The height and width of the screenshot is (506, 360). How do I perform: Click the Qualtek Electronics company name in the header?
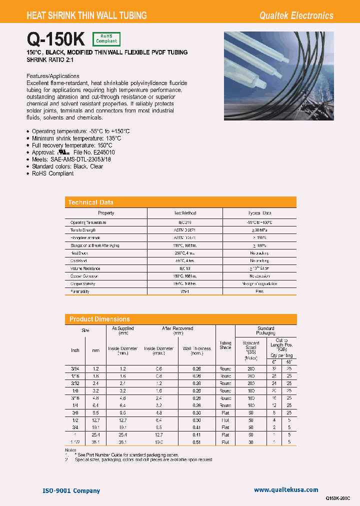click(296, 15)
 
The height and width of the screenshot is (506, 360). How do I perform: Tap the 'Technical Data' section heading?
click(91, 202)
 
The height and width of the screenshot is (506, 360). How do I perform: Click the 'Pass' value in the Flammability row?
click(259, 291)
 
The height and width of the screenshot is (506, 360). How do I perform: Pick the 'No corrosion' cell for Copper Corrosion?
click(259, 276)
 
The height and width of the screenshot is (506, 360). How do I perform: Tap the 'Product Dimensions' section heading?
click(99, 319)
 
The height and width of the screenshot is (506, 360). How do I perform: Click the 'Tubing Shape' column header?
click(225, 345)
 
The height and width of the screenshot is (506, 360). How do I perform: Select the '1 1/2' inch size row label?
click(75, 442)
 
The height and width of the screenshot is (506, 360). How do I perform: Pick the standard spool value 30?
click(250, 442)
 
